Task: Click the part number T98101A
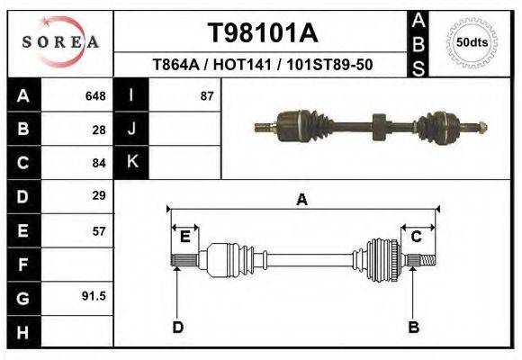coord(263,33)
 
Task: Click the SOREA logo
coord(60,42)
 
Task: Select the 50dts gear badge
coord(472,42)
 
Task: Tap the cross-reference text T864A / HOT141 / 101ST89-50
coord(263,66)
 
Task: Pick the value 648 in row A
coord(95,95)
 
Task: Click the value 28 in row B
coord(99,130)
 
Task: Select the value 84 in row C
coord(99,163)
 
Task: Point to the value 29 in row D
coord(99,195)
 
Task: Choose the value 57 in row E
coord(99,230)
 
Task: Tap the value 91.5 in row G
coord(95,296)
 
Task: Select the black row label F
coord(22,265)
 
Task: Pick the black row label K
coord(132,162)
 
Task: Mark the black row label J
coord(132,129)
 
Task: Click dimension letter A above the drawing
coord(302,200)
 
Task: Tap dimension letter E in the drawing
coord(184,237)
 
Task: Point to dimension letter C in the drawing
coord(417,237)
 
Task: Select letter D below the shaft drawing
coord(177,327)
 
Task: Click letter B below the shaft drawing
coord(414,327)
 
